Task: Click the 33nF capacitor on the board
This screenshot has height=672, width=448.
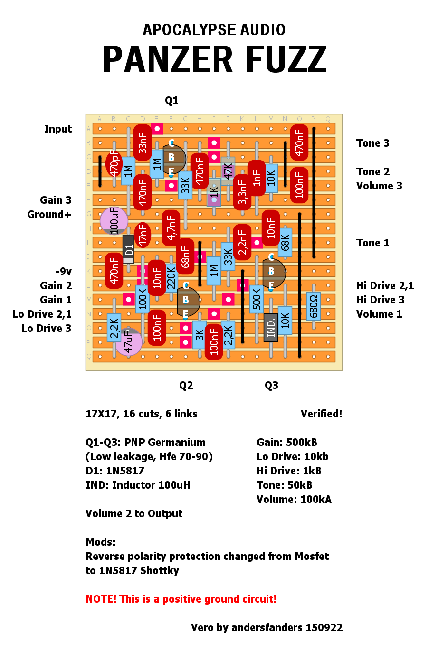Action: click(143, 142)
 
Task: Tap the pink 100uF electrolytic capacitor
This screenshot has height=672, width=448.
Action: click(114, 220)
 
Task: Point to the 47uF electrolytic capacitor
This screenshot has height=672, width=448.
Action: click(128, 341)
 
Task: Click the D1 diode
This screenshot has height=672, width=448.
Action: click(128, 249)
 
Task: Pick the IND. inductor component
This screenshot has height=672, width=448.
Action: click(271, 328)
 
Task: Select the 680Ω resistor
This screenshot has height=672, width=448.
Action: click(314, 306)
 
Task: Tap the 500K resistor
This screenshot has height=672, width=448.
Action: click(257, 299)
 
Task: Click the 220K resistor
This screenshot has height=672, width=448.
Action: click(171, 278)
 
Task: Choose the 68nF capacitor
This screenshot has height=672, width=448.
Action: click(185, 256)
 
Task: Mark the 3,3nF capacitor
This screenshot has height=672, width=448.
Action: click(242, 192)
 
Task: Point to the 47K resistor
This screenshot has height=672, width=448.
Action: click(228, 171)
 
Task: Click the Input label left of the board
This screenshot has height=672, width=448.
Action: click(58, 129)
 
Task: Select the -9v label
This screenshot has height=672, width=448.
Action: click(64, 272)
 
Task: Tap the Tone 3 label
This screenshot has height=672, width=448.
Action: click(373, 143)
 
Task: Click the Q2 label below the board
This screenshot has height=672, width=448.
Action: click(186, 386)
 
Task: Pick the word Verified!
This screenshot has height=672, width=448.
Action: click(321, 414)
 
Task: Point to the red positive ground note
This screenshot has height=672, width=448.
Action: click(181, 599)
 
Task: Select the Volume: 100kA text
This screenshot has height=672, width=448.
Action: click(294, 500)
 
